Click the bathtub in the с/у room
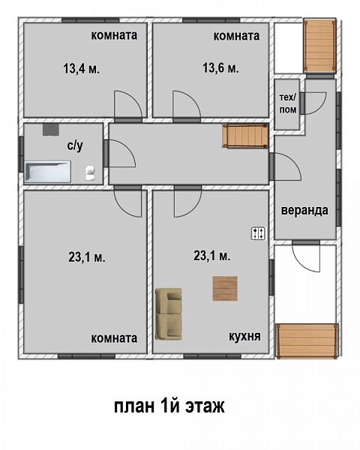coord(48,172)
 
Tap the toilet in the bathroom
coord(90,173)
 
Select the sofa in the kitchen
coord(169,314)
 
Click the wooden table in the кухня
coord(225,289)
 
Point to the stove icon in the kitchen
coord(258,233)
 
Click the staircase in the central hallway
coord(245,136)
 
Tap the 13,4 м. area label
coord(82,69)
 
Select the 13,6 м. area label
coord(220,68)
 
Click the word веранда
coord(304,210)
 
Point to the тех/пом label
coord(288,103)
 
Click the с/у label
coord(75,145)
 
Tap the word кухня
coord(245,336)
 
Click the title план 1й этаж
coord(169,406)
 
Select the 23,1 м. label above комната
coord(87,257)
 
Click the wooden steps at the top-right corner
coord(319,46)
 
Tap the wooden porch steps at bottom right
coord(307,340)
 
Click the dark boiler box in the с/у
coord(51,130)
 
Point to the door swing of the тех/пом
coord(315,103)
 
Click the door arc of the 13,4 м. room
coord(128,104)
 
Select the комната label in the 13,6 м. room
coord(236,36)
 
